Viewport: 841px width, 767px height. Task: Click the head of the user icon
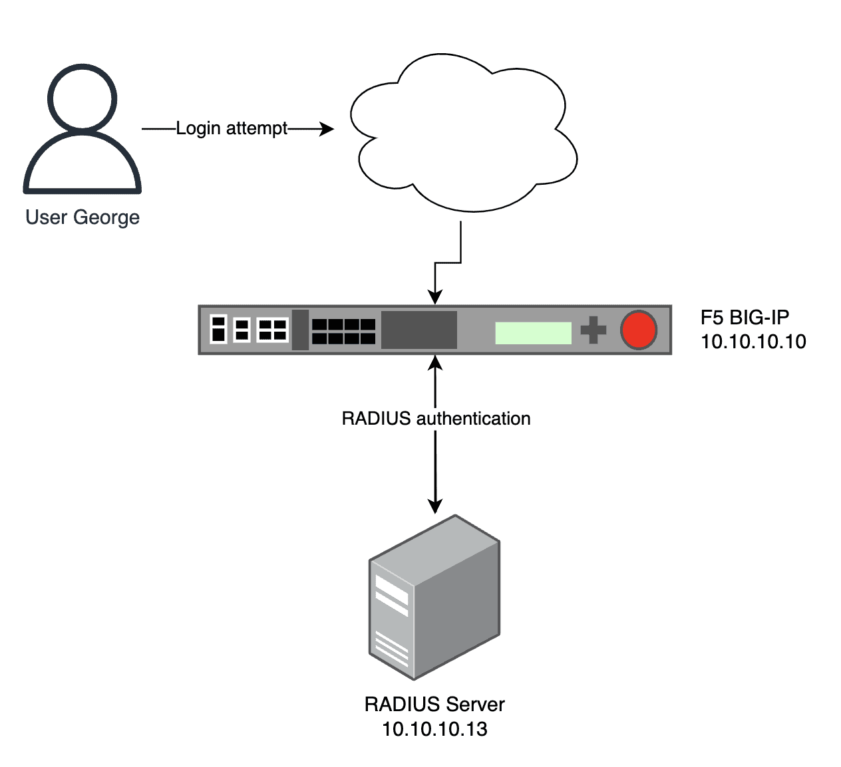[83, 98]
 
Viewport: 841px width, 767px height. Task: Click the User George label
[83, 217]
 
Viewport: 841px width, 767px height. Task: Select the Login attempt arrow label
[232, 128]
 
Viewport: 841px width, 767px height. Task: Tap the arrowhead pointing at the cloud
[327, 128]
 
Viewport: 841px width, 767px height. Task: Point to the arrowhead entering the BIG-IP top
[435, 297]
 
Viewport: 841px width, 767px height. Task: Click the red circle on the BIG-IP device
[639, 330]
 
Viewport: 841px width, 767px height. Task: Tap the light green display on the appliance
[533, 333]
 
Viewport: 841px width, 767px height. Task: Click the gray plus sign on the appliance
[593, 330]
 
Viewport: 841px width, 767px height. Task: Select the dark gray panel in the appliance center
[419, 330]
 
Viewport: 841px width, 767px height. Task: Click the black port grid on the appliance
[343, 331]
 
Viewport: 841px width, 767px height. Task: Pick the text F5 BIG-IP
[745, 317]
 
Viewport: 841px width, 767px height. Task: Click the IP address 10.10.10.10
[753, 342]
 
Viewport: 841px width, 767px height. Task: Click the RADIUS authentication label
[436, 419]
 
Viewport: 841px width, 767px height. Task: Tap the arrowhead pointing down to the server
[435, 505]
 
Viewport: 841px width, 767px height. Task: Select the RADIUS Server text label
[434, 705]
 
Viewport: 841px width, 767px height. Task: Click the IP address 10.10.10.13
[434, 729]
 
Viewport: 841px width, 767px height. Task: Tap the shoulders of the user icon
[83, 166]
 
